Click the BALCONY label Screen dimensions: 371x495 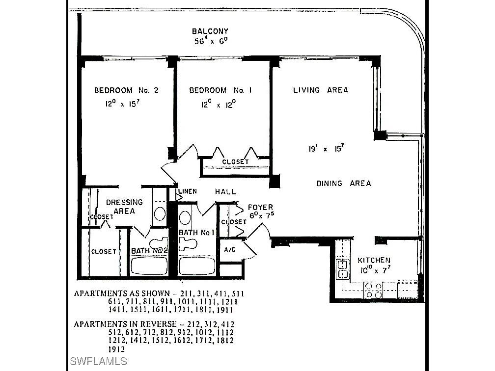click(x=210, y=31)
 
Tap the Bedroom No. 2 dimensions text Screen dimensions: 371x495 click(x=120, y=104)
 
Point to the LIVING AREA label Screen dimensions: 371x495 click(x=320, y=90)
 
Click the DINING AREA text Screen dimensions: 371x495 click(x=343, y=184)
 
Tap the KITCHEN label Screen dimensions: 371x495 click(x=374, y=261)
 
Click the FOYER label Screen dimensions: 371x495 click(x=260, y=207)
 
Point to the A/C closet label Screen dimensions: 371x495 click(x=230, y=249)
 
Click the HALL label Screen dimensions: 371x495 click(x=225, y=192)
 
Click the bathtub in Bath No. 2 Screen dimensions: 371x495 click(x=149, y=266)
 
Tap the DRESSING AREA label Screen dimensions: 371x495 click(x=124, y=206)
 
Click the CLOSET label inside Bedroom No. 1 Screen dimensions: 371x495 click(x=235, y=162)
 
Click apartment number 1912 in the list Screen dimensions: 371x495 click(x=116, y=349)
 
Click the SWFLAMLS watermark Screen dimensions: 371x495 click(x=99, y=362)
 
